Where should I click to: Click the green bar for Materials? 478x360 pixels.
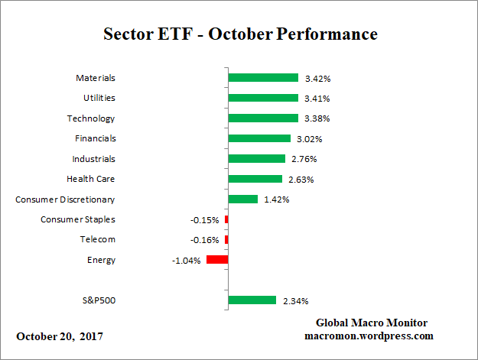263,78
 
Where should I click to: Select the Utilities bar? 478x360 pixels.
263,98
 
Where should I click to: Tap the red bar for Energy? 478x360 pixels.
217,260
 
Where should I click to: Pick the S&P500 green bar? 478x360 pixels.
252,300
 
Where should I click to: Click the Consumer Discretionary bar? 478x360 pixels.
243,199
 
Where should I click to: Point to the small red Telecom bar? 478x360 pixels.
226,240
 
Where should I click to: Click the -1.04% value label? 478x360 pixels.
187,260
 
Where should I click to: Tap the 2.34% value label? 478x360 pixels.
295,301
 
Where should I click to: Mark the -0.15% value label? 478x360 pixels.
204,220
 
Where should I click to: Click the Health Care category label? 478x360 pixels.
91,179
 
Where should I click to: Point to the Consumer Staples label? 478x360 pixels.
78,219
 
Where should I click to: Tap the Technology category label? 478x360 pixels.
90,118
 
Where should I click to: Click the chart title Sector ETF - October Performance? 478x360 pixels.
240,34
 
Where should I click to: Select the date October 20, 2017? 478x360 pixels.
60,336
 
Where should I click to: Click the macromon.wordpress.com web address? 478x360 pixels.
370,336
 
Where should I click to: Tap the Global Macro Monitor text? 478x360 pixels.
371,323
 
